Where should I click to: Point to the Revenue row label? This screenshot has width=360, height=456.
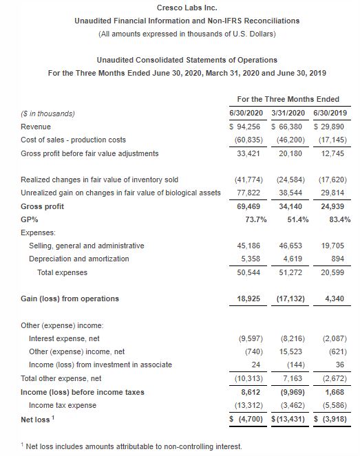36,127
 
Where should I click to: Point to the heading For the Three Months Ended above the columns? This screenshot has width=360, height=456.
287,100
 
